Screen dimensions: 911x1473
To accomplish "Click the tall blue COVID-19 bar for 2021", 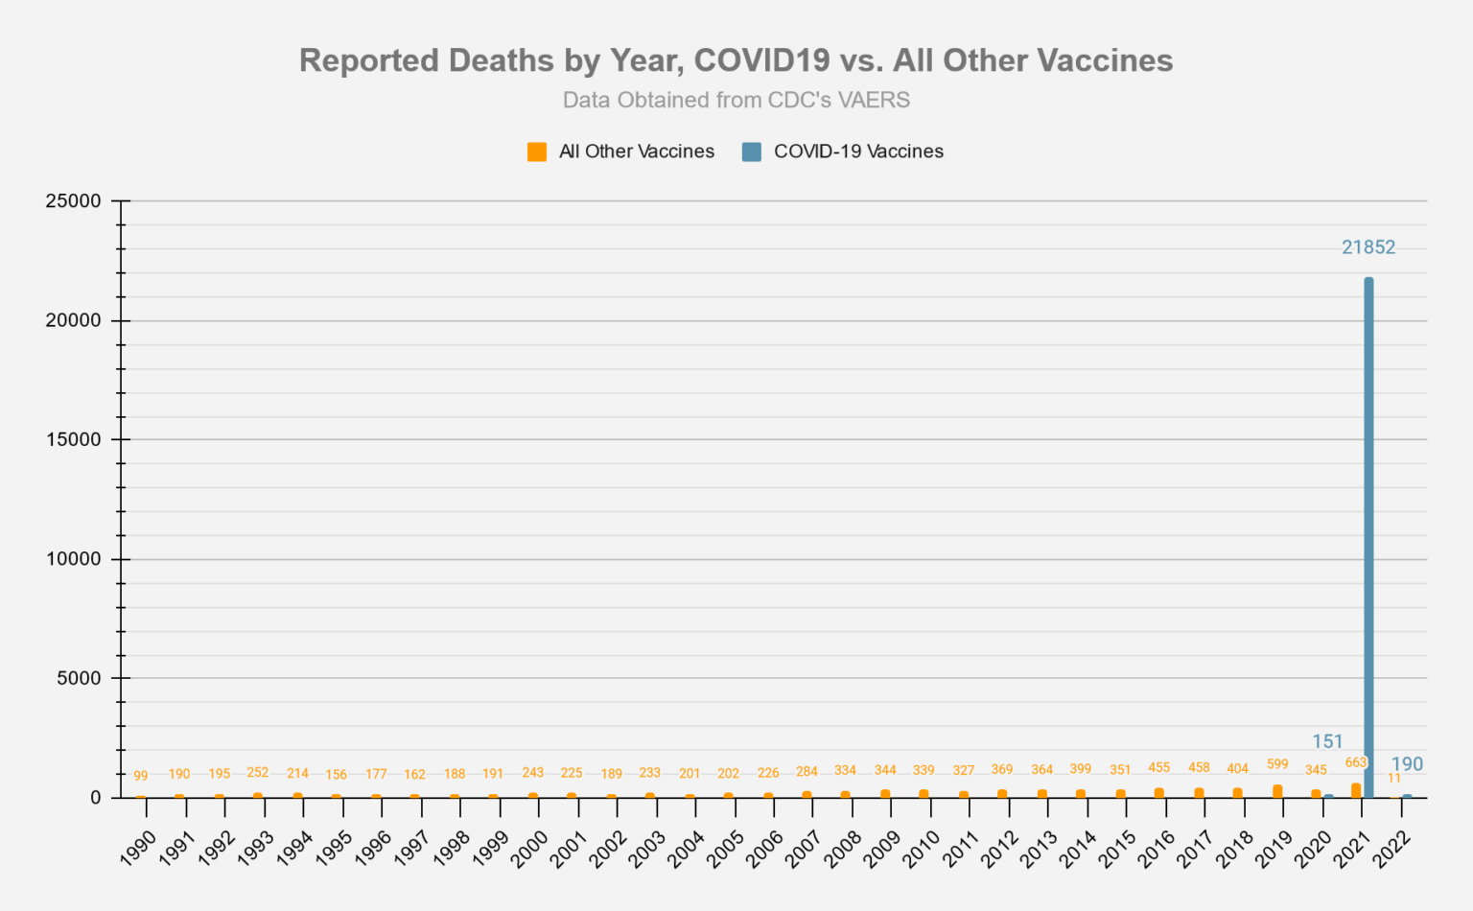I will (x=1368, y=537).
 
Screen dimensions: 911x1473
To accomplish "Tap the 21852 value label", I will (x=1368, y=247).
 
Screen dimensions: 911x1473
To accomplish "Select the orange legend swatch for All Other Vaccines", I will (x=537, y=152).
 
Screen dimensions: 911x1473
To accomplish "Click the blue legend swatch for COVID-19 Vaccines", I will (x=752, y=152).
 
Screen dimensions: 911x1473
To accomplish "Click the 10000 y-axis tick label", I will (x=74, y=559).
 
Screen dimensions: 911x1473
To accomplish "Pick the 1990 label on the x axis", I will (x=139, y=849).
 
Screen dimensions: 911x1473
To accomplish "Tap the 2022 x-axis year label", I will (x=1391, y=849).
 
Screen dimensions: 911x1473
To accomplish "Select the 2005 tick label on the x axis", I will (x=726, y=849).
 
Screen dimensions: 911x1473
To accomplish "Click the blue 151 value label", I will (x=1327, y=741).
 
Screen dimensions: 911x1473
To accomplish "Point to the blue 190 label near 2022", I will (x=1407, y=764).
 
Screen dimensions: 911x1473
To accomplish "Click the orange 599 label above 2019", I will (x=1277, y=764).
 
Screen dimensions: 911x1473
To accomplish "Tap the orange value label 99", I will (x=141, y=776).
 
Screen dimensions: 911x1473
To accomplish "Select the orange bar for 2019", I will (x=1277, y=791).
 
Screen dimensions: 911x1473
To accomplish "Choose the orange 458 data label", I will (x=1199, y=767).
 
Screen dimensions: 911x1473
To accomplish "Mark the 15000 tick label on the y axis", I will (x=74, y=440).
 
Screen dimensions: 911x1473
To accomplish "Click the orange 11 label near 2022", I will (x=1394, y=778).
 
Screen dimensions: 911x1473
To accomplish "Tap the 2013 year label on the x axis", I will (x=1040, y=849).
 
